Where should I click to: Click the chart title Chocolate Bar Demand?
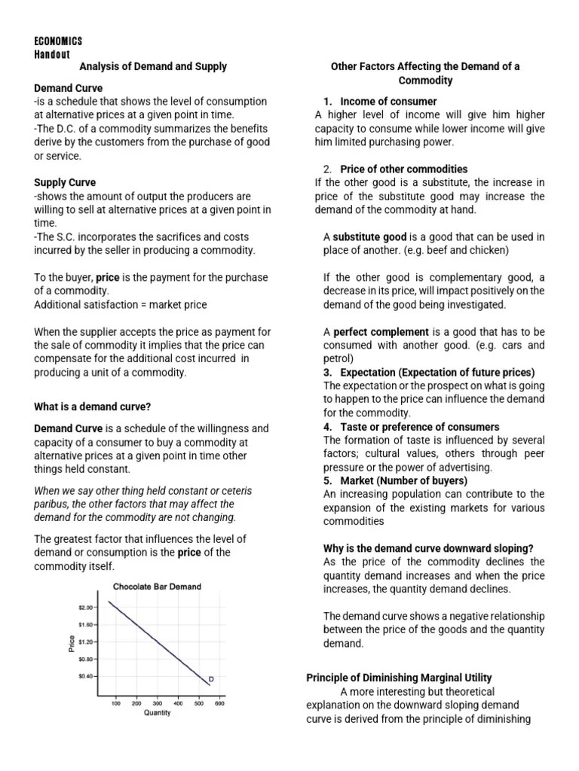tap(157, 587)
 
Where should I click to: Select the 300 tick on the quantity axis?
tap(157, 703)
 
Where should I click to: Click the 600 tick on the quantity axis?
tap(219, 703)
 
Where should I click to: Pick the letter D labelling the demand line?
tap(211, 679)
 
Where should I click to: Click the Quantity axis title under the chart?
tap(157, 713)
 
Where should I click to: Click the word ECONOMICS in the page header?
tap(58, 41)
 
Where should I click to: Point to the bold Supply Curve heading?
tap(65, 182)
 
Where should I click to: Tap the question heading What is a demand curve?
tap(93, 407)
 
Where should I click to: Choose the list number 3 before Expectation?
tap(326, 373)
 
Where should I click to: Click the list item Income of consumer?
tap(388, 101)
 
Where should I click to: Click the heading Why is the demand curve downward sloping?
tap(418, 548)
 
